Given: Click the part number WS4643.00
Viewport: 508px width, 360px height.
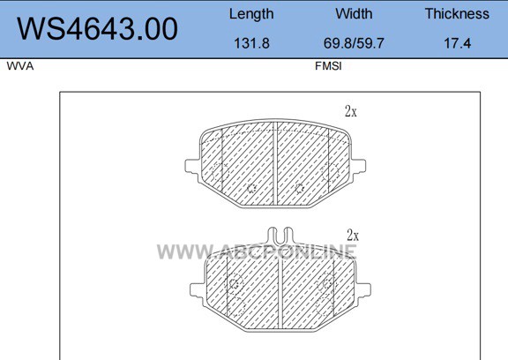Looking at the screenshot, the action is (97, 29).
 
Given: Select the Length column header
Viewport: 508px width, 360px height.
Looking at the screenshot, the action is (251, 14).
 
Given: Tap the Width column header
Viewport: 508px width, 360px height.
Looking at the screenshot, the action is (354, 13).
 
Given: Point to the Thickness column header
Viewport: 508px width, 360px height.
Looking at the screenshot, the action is (457, 13).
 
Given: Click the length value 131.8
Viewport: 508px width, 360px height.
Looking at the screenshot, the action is (251, 43).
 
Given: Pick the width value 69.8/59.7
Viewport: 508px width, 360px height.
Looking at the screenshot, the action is (354, 43).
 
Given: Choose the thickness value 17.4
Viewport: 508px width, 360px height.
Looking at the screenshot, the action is (457, 43).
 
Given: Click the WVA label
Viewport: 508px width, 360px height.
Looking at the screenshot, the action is (20, 66).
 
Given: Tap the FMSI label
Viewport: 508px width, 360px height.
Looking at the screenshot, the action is (328, 66).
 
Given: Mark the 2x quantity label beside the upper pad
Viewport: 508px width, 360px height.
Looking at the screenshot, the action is (351, 112).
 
